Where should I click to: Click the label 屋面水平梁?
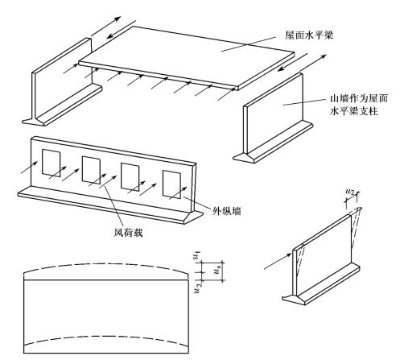click(309, 35)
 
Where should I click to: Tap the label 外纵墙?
click(227, 211)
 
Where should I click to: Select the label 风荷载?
click(128, 233)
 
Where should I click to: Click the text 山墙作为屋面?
click(359, 98)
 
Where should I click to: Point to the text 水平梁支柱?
click(353, 111)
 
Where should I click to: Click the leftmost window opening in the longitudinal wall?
click(52, 163)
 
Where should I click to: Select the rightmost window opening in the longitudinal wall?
click(171, 184)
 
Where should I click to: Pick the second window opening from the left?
click(91, 170)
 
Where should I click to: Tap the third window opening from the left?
click(130, 177)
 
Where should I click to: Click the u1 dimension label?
click(197, 255)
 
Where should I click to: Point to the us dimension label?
click(217, 271)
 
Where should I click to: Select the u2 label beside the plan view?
click(198, 288)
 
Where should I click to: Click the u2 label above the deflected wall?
click(350, 192)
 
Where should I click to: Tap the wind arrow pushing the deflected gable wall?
click(278, 261)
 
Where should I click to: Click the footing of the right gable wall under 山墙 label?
click(273, 143)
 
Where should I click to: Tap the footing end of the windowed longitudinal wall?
click(194, 217)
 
